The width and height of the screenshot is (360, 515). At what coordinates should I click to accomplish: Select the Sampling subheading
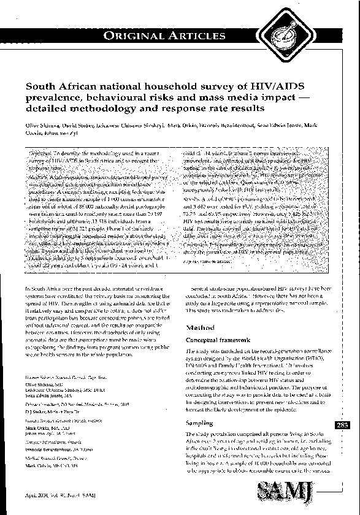tap(199, 423)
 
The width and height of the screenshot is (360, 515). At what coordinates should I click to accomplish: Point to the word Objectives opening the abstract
tap(44, 151)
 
